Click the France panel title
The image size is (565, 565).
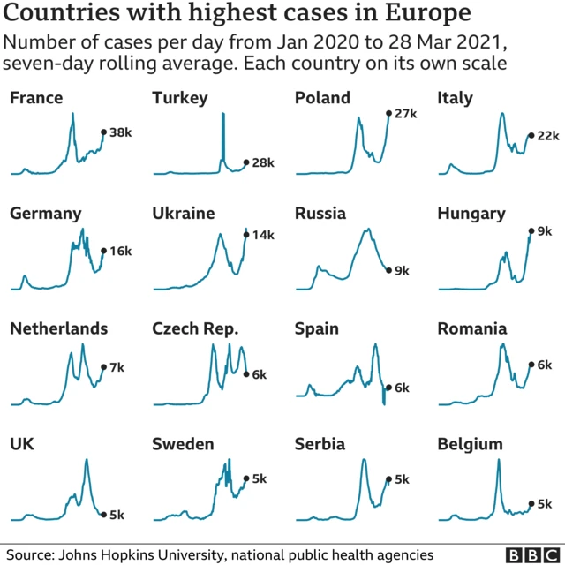36,98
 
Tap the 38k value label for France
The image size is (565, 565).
120,132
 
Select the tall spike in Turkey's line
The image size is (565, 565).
223,119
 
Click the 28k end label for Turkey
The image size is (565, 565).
263,163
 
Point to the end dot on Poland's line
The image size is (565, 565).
388,113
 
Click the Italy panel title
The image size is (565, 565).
456,98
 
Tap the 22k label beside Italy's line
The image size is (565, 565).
548,135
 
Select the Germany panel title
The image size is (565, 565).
45,214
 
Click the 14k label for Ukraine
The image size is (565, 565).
262,235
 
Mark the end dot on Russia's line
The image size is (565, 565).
388,270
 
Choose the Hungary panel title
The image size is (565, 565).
471,214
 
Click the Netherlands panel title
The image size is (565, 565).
58,329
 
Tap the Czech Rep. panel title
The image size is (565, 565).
195,329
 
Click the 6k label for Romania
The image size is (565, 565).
545,365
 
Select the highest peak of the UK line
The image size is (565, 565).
87,460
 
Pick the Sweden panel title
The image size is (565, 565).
183,444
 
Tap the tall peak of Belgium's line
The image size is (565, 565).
499,460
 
